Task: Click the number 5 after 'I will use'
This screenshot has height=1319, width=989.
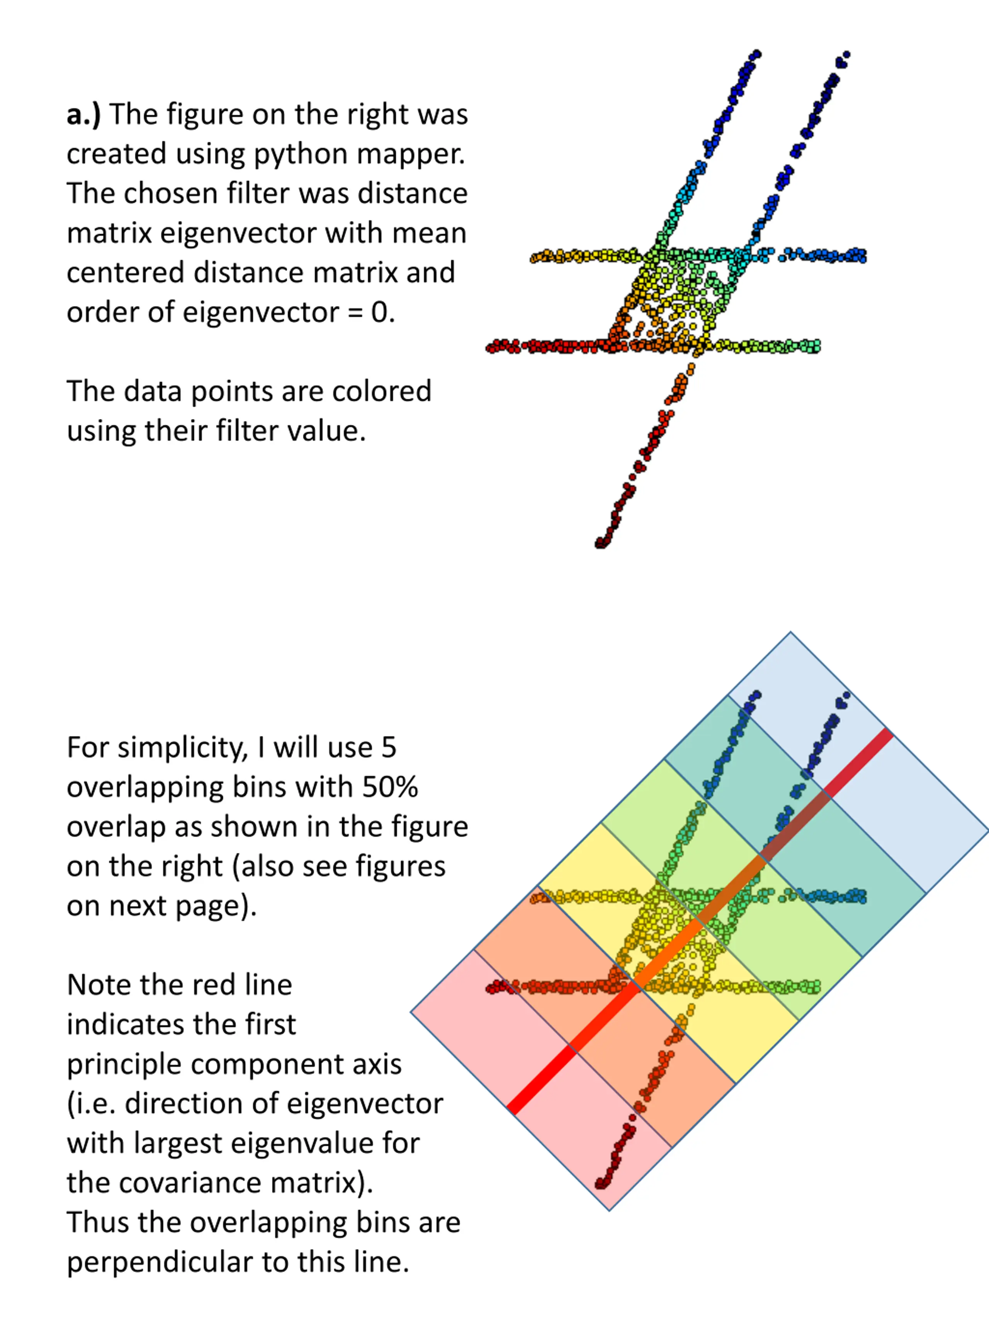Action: [388, 748]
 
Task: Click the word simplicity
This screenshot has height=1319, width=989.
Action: [182, 748]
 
